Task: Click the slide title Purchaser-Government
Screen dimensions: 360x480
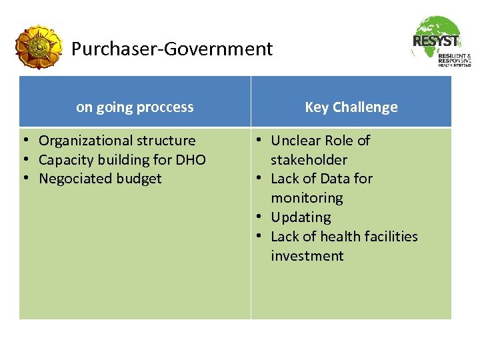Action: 172,49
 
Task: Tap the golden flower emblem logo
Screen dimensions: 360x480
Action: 39,47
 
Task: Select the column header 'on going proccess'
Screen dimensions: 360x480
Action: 135,107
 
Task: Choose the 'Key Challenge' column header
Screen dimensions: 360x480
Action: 351,107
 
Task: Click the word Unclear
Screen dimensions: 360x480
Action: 295,141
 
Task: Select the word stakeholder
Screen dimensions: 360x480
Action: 309,160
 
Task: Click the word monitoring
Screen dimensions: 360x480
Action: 307,198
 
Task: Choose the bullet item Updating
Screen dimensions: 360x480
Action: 301,217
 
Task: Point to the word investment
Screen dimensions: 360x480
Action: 307,256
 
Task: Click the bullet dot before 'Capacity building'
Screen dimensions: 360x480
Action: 24,160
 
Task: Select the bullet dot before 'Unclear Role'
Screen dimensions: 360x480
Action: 257,141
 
